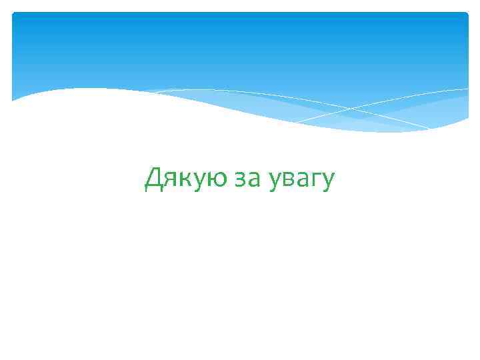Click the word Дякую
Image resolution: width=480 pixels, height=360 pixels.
186,178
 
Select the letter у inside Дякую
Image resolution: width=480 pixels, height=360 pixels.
198,181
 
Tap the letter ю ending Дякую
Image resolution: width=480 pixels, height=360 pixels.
215,179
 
